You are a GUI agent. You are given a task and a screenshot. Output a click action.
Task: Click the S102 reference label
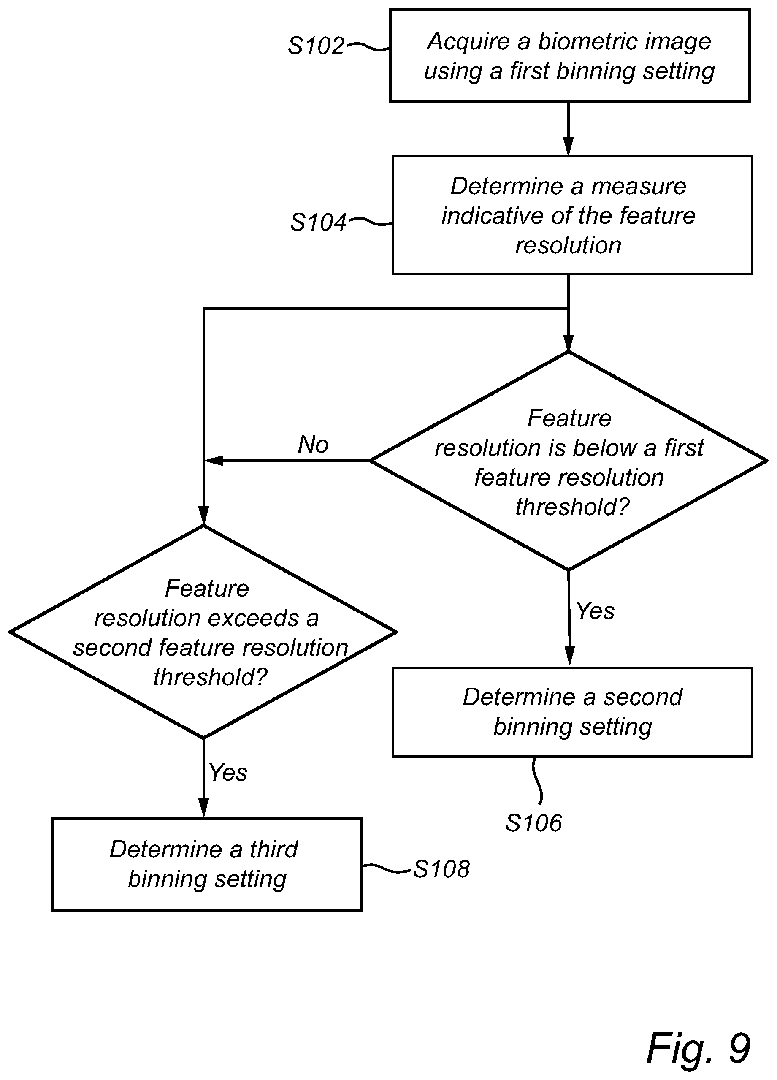click(316, 46)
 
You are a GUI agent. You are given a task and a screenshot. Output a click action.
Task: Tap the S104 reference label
click(318, 223)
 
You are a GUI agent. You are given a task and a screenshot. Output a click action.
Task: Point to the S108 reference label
click(441, 869)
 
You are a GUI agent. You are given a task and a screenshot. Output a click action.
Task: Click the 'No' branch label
click(313, 444)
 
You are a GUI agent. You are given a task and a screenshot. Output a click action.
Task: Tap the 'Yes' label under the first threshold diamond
click(595, 611)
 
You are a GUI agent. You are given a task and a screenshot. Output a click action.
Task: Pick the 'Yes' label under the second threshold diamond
click(228, 772)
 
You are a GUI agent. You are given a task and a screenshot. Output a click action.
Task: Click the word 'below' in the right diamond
click(605, 448)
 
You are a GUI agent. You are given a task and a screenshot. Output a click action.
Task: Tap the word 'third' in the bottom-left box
click(274, 849)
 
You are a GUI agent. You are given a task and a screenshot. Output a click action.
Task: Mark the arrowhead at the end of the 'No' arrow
click(213, 461)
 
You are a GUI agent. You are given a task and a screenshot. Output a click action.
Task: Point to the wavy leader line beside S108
click(386, 868)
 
